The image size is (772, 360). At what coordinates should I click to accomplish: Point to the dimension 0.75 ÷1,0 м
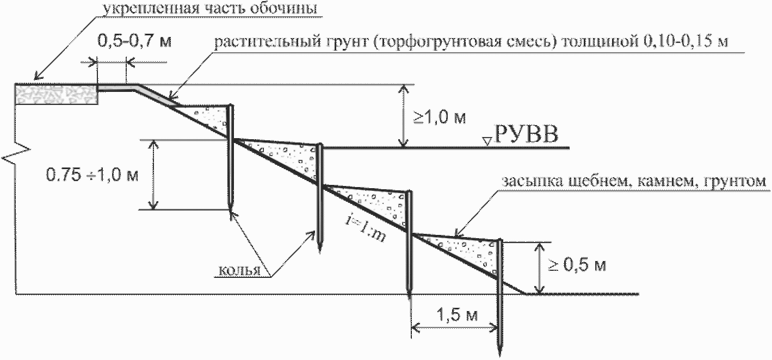[92, 175]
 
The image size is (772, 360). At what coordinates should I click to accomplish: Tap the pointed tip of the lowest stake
[499, 351]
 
